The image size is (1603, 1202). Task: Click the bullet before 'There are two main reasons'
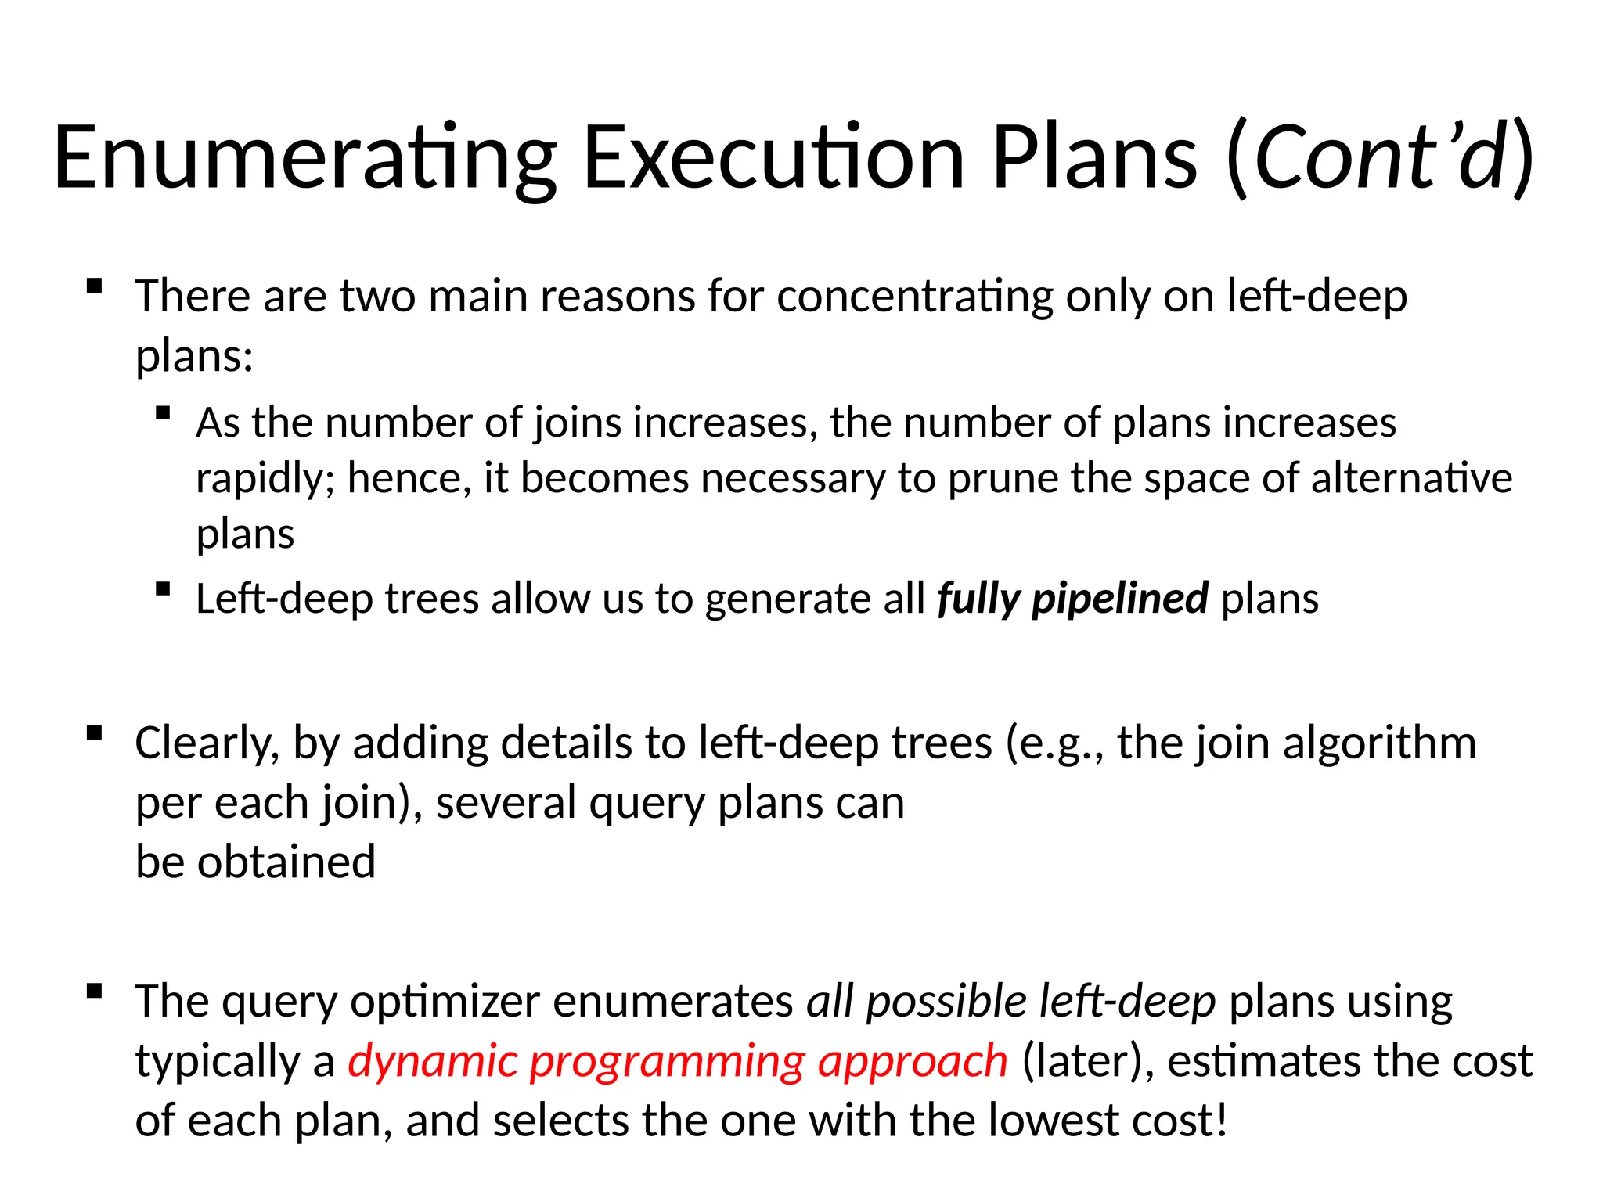[x=95, y=286]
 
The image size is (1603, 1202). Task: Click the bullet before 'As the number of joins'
[x=163, y=413]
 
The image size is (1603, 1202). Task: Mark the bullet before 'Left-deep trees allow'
[x=163, y=589]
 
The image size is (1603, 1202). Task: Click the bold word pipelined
[x=1120, y=599]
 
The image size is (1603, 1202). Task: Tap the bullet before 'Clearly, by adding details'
[x=95, y=733]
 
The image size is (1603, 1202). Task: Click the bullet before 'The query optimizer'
[x=95, y=991]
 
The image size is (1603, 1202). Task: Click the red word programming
[x=668, y=1063]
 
